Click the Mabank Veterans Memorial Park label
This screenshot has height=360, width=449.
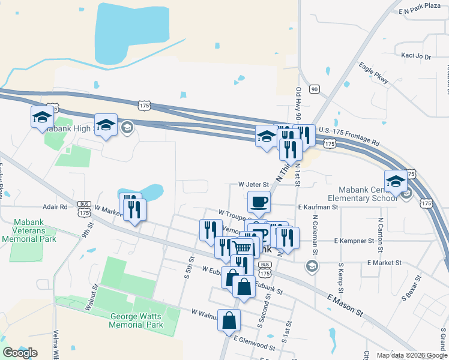click(x=29, y=229)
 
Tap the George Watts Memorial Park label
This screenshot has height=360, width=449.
click(x=137, y=320)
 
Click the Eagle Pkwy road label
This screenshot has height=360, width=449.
click(x=374, y=73)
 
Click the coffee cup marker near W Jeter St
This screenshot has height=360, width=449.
click(x=259, y=202)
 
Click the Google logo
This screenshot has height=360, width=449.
click(x=20, y=353)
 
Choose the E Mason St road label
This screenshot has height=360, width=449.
click(x=346, y=305)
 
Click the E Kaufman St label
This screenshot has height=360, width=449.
click(x=318, y=206)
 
